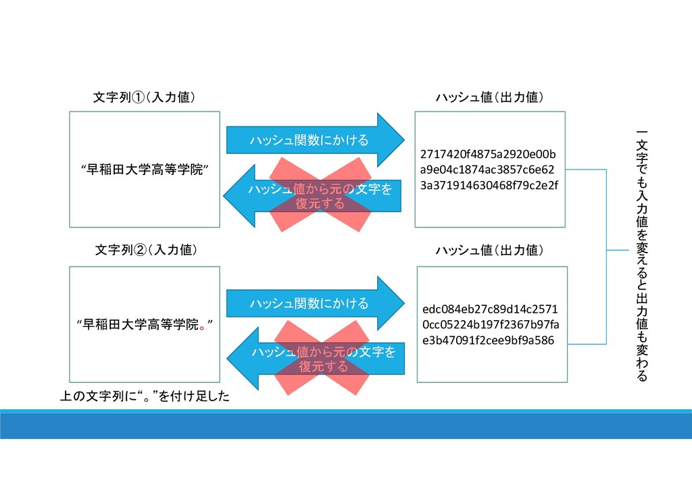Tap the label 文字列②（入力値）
coord(146,251)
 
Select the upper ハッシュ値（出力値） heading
coord(489,98)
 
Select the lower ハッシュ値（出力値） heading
coord(489,251)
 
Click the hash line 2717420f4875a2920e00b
coord(488,154)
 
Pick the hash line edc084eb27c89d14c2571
coord(490,309)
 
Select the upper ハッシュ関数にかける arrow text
coord(309,140)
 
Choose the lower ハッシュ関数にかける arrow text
coord(309,304)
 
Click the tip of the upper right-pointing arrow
coord(403,140)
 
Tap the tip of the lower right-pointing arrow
coord(403,303)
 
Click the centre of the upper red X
coord(320,195)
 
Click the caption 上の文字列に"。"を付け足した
coord(145,396)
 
